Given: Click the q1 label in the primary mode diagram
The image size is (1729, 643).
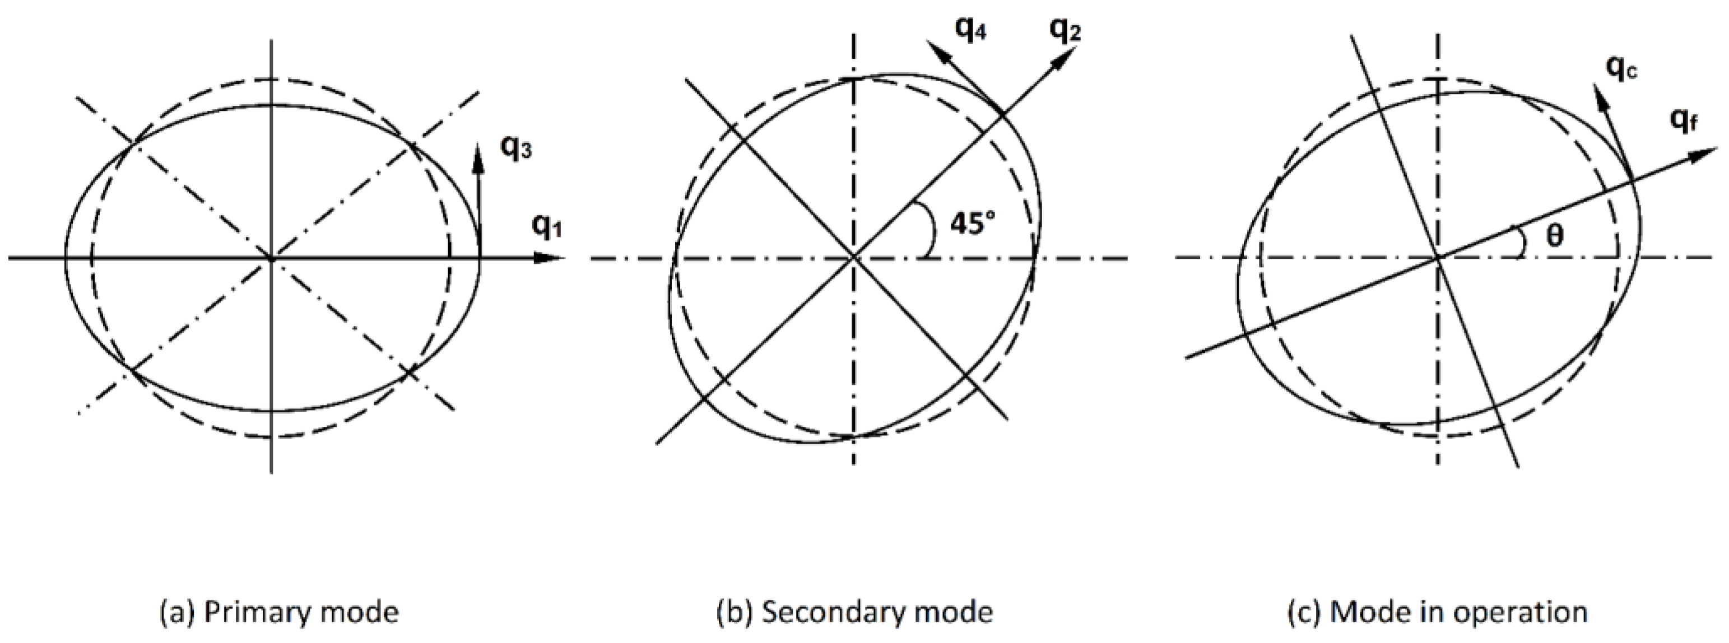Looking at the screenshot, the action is pyautogui.click(x=546, y=226).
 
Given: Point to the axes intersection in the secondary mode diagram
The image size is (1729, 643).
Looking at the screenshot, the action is pyautogui.click(x=853, y=257).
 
